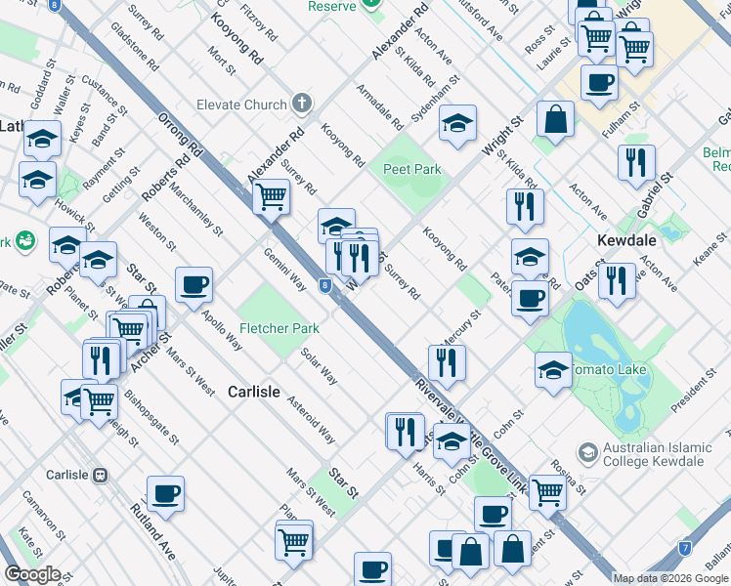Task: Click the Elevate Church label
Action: coord(241,105)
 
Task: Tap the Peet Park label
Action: coord(411,169)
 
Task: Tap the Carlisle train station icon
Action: coord(99,476)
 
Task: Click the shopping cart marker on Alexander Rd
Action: coord(271,197)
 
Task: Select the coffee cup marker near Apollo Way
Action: coord(193,285)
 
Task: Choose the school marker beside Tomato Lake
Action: coord(553,371)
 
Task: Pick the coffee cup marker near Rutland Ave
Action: coord(165,493)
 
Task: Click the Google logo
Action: coord(32,574)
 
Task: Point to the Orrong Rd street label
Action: coord(179,136)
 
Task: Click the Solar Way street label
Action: coord(320,366)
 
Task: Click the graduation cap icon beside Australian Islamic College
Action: coord(587,452)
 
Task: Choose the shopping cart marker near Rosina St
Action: coord(547,491)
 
